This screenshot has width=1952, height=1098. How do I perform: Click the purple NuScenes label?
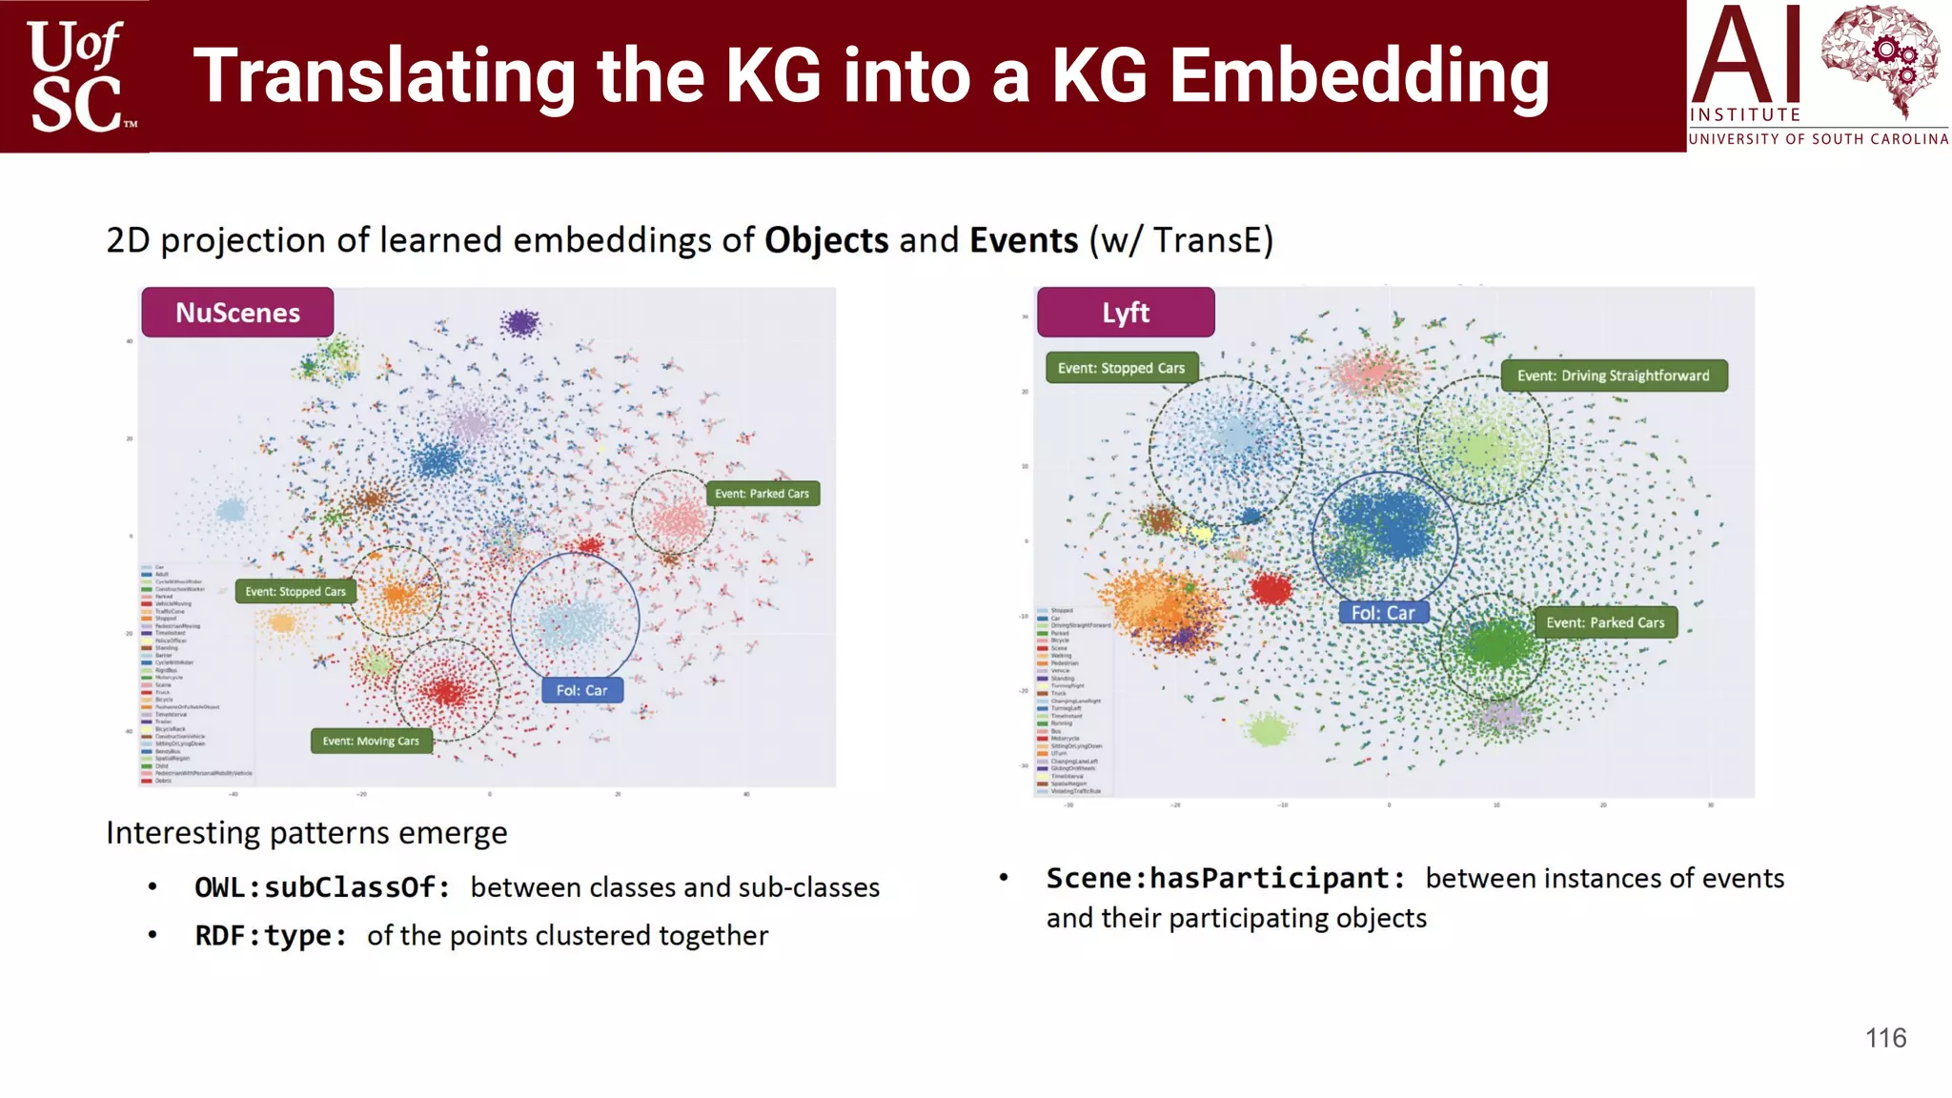pyautogui.click(x=237, y=313)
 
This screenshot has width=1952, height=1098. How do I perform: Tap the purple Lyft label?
pyautogui.click(x=1126, y=313)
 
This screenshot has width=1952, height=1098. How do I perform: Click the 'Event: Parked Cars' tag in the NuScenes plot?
pyautogui.click(x=762, y=494)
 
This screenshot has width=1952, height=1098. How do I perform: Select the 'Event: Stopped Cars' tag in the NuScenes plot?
pyautogui.click(x=295, y=592)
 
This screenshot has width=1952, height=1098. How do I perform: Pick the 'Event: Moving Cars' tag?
pyautogui.click(x=371, y=742)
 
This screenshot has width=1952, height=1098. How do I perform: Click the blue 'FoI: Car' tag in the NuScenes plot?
pyautogui.click(x=582, y=690)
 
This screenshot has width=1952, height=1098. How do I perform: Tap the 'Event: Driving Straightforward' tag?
pyautogui.click(x=1614, y=376)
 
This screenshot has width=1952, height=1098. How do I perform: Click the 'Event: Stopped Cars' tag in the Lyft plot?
pyautogui.click(x=1122, y=368)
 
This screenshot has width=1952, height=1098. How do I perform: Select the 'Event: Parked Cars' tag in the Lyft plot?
pyautogui.click(x=1605, y=622)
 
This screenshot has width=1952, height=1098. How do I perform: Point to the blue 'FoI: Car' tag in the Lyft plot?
pyautogui.click(x=1383, y=613)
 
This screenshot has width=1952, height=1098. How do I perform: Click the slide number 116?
pyautogui.click(x=1885, y=1038)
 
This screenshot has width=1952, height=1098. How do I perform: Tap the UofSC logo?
pyautogui.click(x=76, y=76)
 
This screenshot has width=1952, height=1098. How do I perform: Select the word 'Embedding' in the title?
pyautogui.click(x=1359, y=76)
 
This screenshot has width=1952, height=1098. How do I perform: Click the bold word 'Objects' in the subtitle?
pyautogui.click(x=826, y=240)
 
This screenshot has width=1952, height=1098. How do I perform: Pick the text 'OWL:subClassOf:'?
pyautogui.click(x=322, y=887)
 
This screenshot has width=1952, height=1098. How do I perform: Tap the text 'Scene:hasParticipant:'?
pyautogui.click(x=1226, y=878)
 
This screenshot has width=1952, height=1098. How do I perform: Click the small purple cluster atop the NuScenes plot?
pyautogui.click(x=521, y=323)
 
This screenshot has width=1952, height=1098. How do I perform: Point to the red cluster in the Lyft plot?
pyautogui.click(x=1271, y=588)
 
